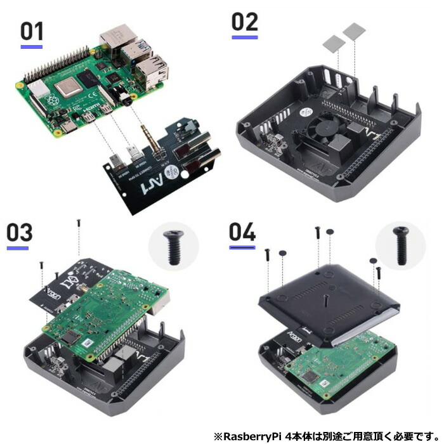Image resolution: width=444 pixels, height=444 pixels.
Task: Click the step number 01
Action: pyautogui.click(x=32, y=32)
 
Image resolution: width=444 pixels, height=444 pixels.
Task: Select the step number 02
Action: pyautogui.click(x=244, y=22)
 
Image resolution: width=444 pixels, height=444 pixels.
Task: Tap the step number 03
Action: pyautogui.click(x=19, y=233)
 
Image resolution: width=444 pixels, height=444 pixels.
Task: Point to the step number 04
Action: pyautogui.click(x=242, y=232)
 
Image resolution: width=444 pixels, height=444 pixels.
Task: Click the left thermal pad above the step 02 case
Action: pyautogui.click(x=332, y=43)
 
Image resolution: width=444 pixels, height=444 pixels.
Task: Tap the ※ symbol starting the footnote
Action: pyautogui.click(x=218, y=436)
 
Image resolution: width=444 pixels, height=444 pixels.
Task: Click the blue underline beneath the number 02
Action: pyautogui.click(x=244, y=37)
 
